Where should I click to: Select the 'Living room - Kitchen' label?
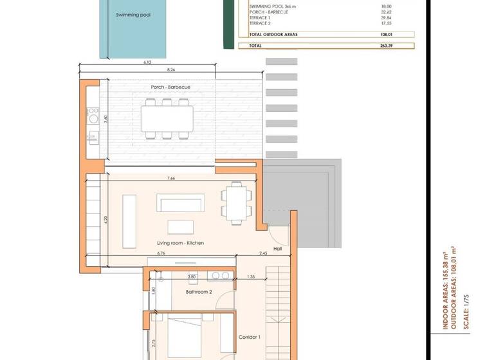tap(181, 243)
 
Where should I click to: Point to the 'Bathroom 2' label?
tap(199, 292)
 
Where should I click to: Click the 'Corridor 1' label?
tap(250, 337)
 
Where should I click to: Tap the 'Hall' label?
tap(278, 248)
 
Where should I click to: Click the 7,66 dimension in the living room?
tap(171, 178)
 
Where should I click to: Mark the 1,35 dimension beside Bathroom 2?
tap(252, 277)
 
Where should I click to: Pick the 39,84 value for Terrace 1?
tap(386, 17)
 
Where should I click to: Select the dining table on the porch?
tap(167, 118)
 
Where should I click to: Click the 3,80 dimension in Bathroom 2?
tap(191, 277)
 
